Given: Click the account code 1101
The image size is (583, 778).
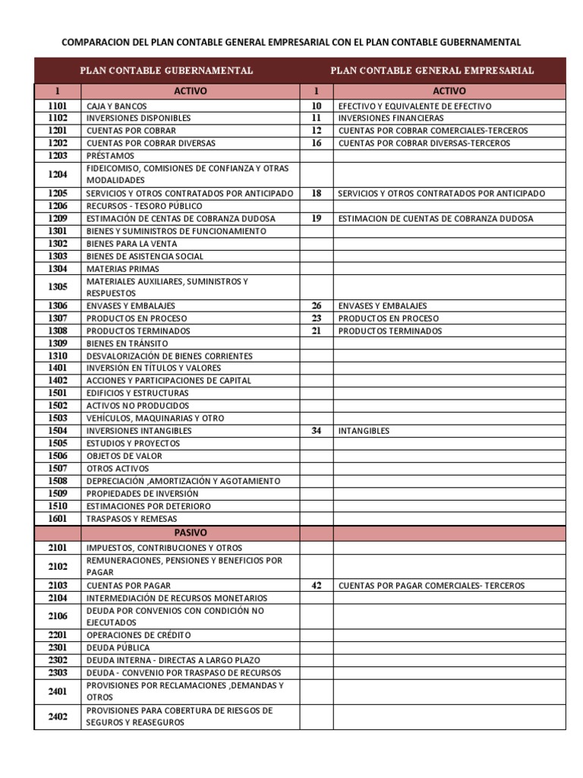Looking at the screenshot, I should click(58, 106).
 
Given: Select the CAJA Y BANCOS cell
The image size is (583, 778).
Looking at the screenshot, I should click(117, 106).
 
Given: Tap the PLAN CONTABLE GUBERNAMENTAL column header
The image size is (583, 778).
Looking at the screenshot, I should click(167, 71).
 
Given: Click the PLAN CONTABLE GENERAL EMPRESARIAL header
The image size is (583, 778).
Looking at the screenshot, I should click(432, 71).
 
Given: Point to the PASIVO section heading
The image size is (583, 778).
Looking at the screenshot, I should click(191, 533).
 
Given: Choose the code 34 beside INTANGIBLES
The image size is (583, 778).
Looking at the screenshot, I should click(317, 431).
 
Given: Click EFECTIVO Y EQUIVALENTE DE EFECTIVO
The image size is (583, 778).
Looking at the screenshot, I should click(414, 106).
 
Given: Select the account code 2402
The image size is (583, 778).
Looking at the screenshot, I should click(58, 716).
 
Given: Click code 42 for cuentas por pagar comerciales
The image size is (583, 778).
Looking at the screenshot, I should click(317, 586).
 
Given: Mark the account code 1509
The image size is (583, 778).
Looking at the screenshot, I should click(58, 493).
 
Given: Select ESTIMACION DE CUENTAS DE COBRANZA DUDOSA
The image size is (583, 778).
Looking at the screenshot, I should click(436, 219).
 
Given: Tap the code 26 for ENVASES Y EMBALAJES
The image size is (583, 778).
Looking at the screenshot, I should click(317, 306).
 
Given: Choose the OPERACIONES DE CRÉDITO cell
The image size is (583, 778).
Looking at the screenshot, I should click(139, 635).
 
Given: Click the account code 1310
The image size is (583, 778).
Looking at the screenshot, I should click(58, 356).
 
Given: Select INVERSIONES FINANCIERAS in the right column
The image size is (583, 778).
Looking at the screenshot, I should click(391, 119).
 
